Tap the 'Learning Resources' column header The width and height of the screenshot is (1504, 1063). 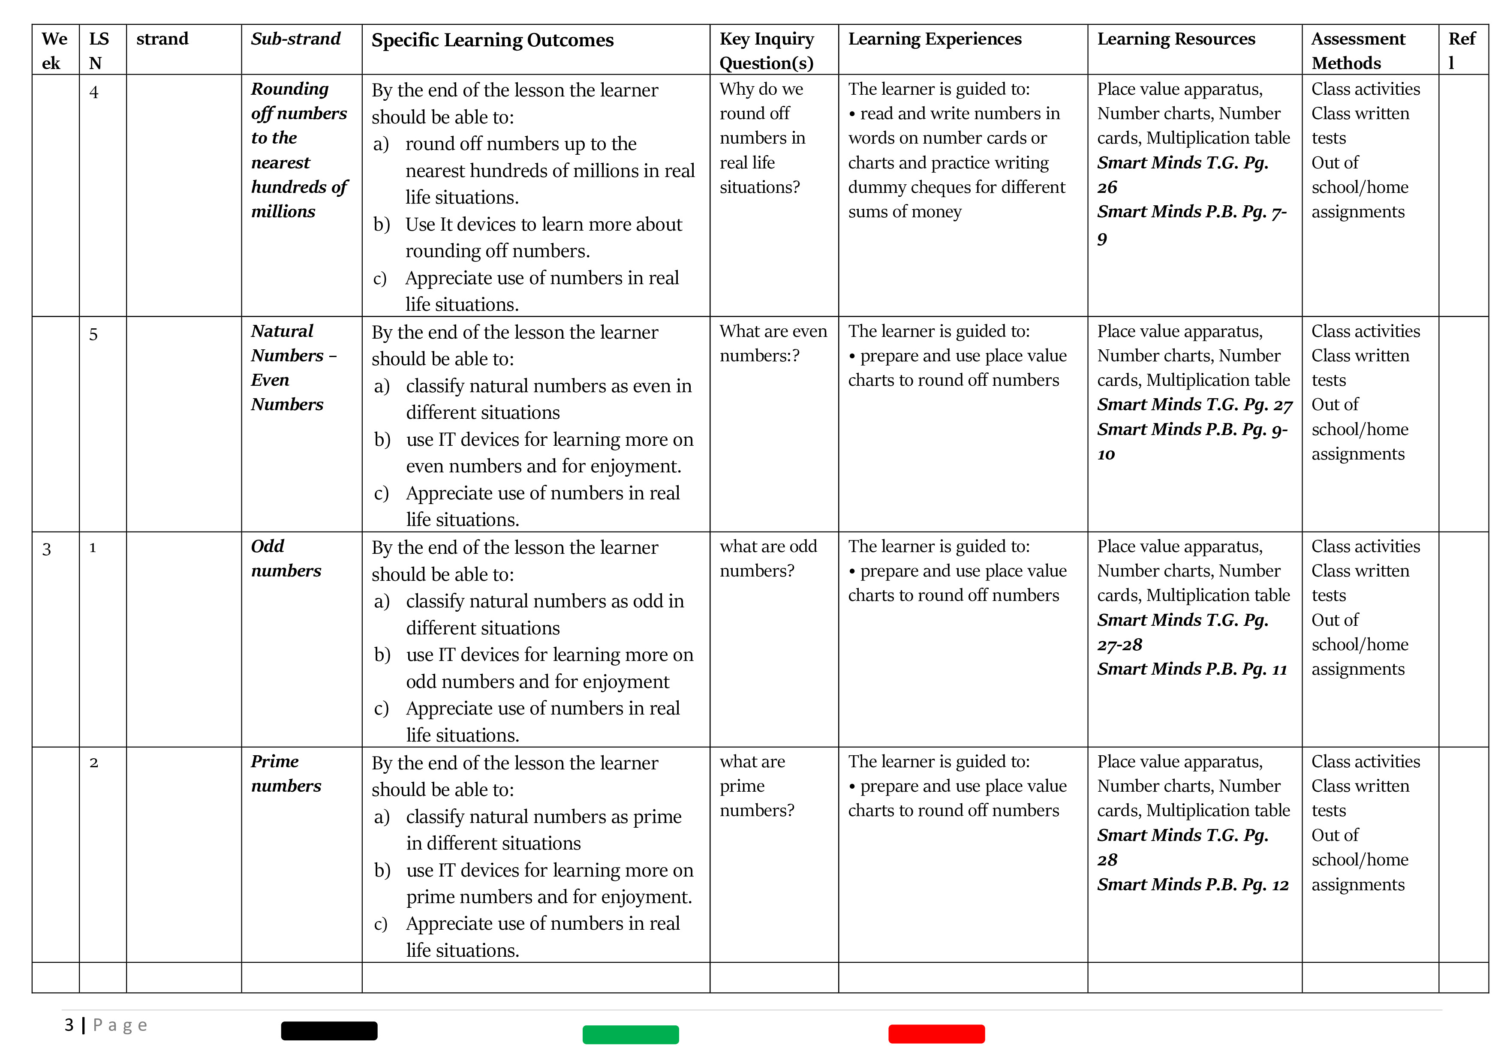click(1176, 39)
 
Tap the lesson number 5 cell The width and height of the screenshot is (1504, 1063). click(93, 335)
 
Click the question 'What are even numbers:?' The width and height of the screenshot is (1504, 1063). click(773, 343)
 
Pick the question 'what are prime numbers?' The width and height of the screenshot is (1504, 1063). click(757, 786)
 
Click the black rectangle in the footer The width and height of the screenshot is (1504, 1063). click(329, 1030)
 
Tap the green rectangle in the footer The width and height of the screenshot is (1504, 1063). click(630, 1034)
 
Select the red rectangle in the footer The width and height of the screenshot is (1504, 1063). click(936, 1033)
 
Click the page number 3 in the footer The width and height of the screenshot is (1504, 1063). click(69, 1025)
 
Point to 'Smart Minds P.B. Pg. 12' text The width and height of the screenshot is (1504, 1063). click(1192, 885)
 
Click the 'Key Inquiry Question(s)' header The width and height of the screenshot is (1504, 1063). click(767, 51)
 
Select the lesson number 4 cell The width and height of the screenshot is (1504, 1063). click(94, 92)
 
